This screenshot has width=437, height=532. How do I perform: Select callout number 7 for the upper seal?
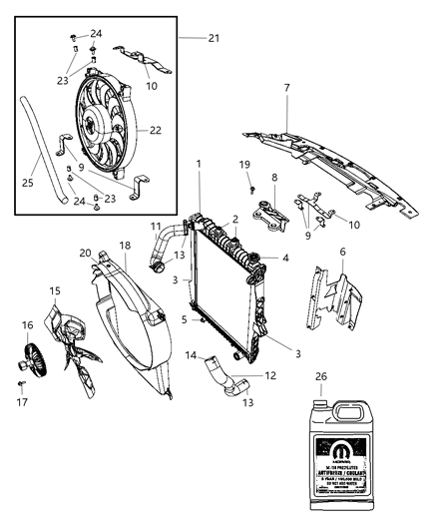[286, 89]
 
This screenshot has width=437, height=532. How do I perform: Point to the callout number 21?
[213, 39]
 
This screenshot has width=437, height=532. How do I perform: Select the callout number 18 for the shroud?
[126, 245]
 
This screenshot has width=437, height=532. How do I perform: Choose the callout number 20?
[86, 253]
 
